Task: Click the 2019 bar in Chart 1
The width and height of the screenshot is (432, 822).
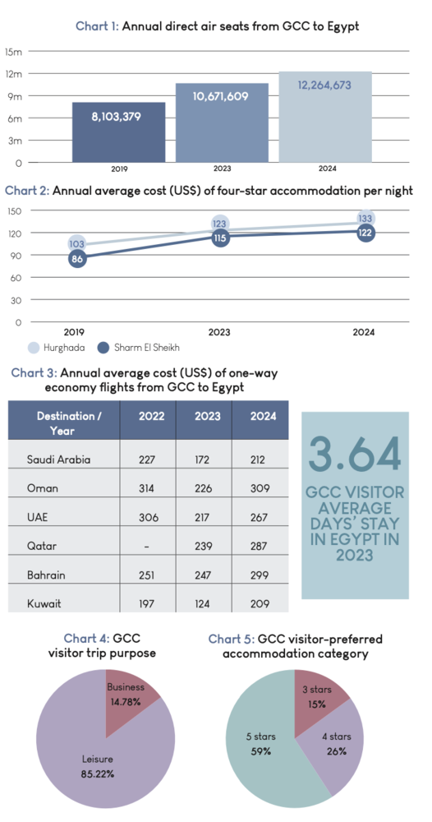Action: coord(119,132)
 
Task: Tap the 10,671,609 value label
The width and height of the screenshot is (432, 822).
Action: coord(220,96)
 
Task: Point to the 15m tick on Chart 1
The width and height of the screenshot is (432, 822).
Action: coord(14,51)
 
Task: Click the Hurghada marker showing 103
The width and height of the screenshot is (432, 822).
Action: coord(77,244)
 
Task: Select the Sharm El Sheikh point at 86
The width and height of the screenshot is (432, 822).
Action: coord(77,258)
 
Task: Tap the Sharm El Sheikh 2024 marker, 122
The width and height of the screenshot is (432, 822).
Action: coord(365,233)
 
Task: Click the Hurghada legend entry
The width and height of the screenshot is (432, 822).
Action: coord(53,348)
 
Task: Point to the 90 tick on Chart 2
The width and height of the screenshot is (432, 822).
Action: coord(16,256)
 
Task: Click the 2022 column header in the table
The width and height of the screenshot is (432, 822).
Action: coord(151,416)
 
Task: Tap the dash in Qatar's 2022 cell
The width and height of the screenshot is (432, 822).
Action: coord(147,546)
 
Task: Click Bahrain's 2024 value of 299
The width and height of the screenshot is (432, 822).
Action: coord(260,575)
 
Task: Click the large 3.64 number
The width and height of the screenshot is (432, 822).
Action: coord(355,454)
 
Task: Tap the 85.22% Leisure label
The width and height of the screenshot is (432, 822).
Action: coord(97,774)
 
